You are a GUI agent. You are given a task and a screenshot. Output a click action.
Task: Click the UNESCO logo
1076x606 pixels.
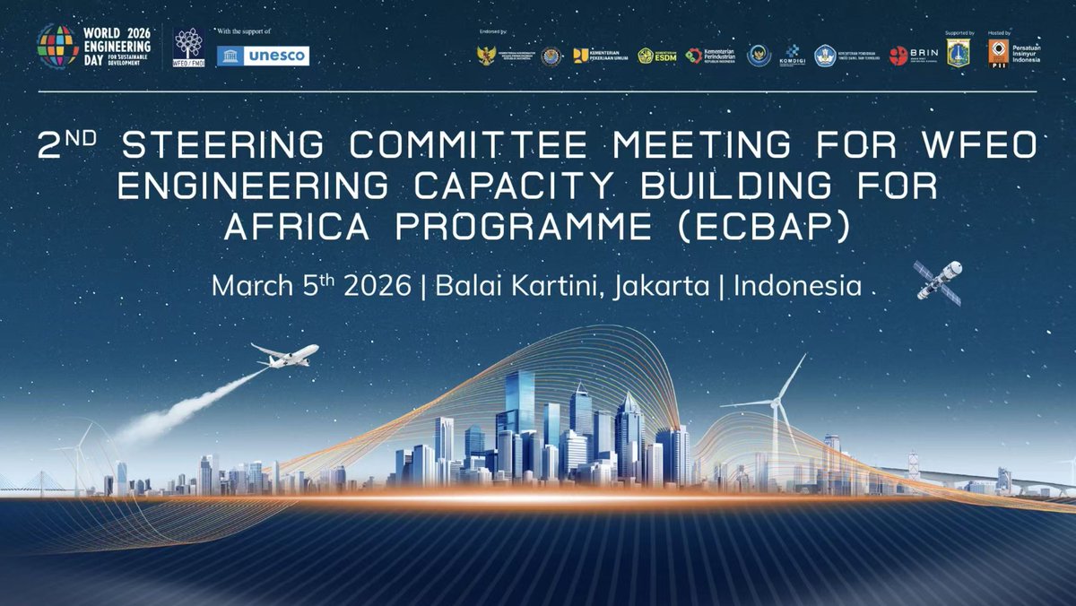click(264, 56)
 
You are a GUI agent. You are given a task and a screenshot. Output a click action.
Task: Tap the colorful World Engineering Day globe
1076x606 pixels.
click(56, 46)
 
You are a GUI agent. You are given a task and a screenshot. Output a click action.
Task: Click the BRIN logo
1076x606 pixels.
click(915, 56)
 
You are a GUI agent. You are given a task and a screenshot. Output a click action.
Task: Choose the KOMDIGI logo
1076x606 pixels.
click(794, 56)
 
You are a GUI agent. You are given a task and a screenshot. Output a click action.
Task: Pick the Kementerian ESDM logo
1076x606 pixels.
click(657, 56)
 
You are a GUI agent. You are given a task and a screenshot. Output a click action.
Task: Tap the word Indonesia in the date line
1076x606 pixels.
click(797, 286)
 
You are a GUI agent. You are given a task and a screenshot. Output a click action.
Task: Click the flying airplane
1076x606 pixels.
click(285, 354)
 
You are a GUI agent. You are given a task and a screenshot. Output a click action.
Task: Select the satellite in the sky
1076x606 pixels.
click(938, 279)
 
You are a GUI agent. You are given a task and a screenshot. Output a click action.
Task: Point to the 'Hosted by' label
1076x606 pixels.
click(998, 31)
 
